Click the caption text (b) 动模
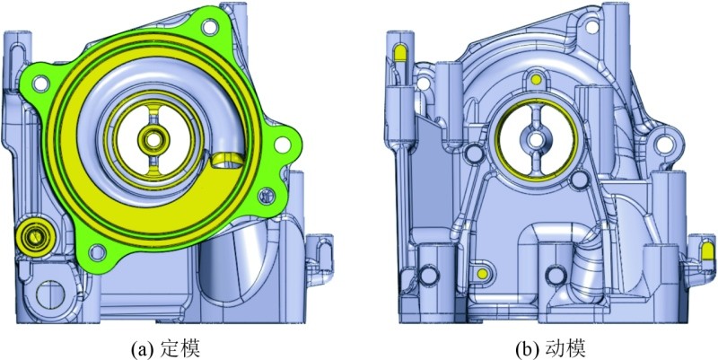(x=549, y=349)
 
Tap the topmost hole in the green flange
(x=209, y=26)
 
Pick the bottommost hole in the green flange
(x=97, y=250)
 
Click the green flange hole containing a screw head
(x=265, y=196)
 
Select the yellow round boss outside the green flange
(x=35, y=236)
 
